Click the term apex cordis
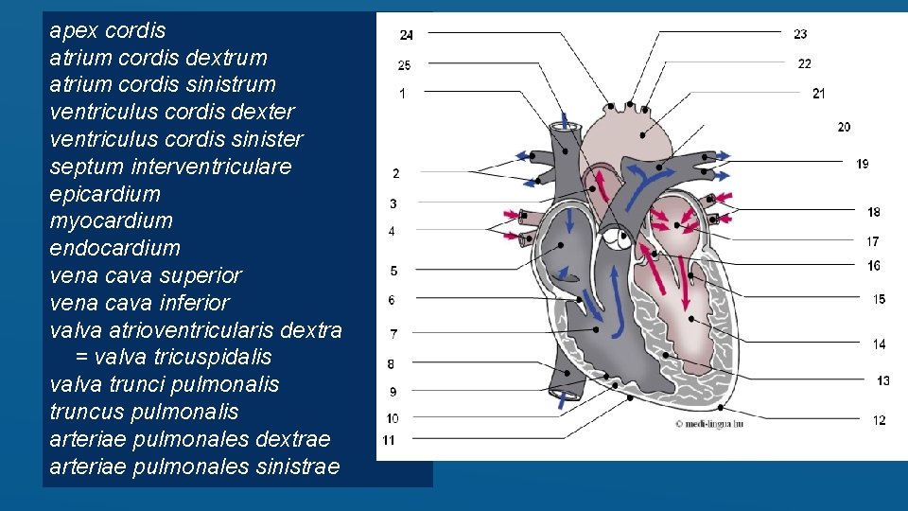click(x=107, y=30)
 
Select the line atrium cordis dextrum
click(x=158, y=58)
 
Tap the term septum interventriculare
click(x=170, y=167)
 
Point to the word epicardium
click(x=105, y=194)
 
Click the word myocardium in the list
click(x=111, y=220)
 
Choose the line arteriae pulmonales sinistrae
click(x=194, y=467)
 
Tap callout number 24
click(x=406, y=35)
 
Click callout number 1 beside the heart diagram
click(x=403, y=94)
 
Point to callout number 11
click(x=389, y=440)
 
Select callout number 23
click(x=800, y=34)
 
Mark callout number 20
click(x=844, y=127)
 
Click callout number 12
click(x=879, y=420)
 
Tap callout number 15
click(x=879, y=299)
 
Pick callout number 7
click(x=393, y=334)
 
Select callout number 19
click(x=863, y=164)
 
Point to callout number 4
click(x=392, y=231)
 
